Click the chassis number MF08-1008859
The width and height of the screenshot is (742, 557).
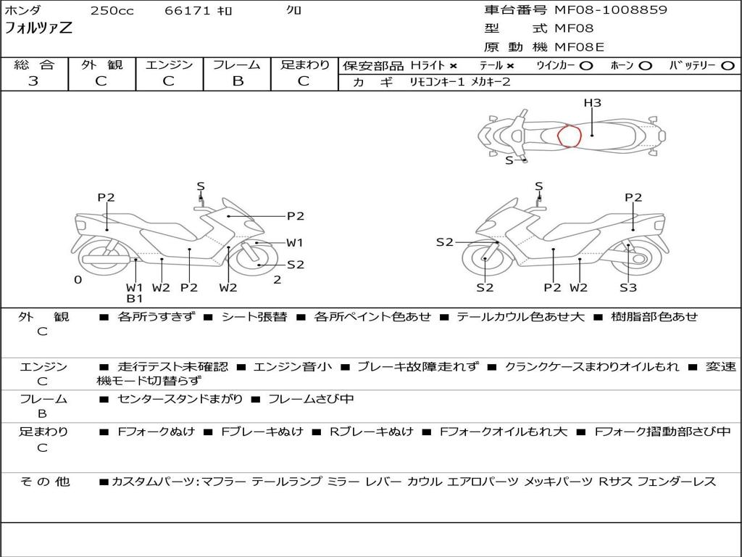pos(611,10)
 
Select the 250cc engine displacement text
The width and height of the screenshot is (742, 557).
pos(112,11)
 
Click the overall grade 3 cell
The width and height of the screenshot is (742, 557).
pos(33,81)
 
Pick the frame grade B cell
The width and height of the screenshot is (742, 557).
pos(238,81)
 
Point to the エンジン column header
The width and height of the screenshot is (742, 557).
pos(169,65)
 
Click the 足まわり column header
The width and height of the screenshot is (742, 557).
pos(305,65)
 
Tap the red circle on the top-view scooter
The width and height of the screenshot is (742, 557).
pos(570,136)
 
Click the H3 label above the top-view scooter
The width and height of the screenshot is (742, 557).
pos(593,103)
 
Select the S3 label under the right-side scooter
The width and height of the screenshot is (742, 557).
pos(628,288)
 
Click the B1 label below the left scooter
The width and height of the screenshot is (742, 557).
pos(135,298)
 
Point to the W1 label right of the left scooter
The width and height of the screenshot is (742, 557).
pos(294,243)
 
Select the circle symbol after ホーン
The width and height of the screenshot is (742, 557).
pos(645,65)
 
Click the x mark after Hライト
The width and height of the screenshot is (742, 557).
pos(453,65)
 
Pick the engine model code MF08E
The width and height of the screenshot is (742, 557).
pos(579,47)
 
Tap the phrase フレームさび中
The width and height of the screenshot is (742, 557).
pos(311,399)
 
